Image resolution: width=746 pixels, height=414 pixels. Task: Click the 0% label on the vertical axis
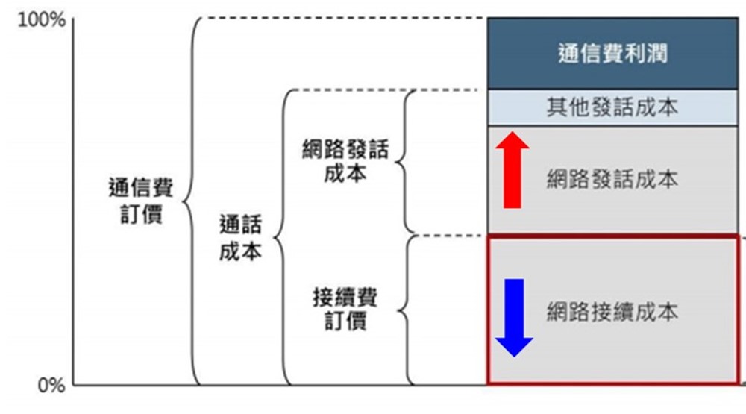[x=49, y=385]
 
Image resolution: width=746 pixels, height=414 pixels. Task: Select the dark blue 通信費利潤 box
[x=612, y=54]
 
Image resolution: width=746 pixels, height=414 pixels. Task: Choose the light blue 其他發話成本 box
[x=612, y=107]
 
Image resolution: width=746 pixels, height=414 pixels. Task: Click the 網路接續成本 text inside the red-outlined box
[x=612, y=312]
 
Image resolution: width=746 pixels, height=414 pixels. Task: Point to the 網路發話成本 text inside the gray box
[x=612, y=180]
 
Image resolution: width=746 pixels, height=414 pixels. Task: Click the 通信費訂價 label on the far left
[x=141, y=201]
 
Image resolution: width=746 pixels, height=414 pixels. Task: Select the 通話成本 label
[x=241, y=238]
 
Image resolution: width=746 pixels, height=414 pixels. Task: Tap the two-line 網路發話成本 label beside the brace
[x=345, y=162]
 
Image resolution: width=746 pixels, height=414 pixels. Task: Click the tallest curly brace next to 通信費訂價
[x=192, y=201]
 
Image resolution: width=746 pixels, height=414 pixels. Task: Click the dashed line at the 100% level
[x=343, y=17]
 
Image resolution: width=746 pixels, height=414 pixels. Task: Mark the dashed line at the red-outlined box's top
[x=448, y=235]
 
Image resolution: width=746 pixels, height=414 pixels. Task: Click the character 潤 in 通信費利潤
[x=657, y=54]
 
